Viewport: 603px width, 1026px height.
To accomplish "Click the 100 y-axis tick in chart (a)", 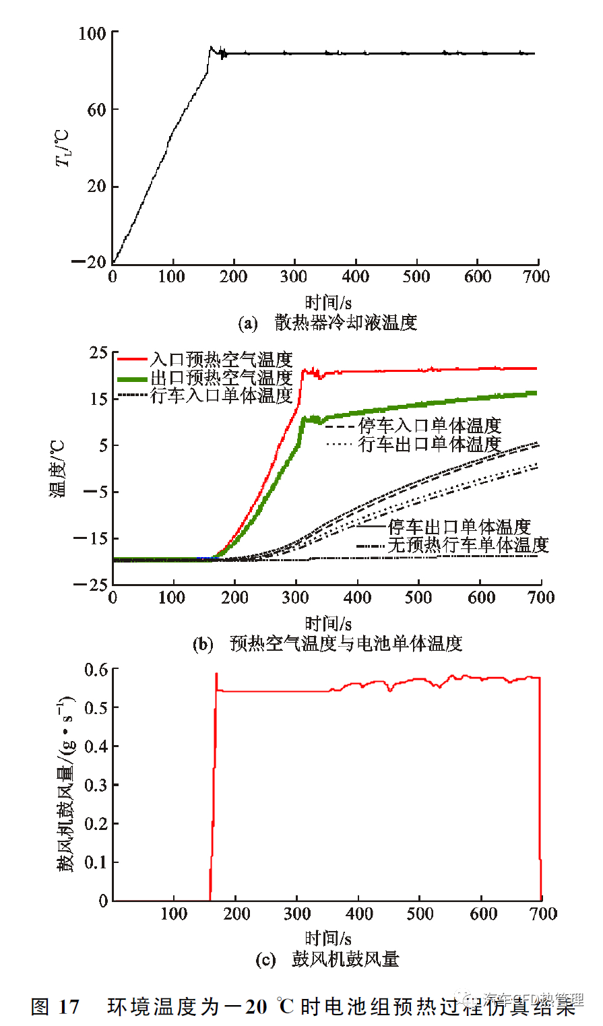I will click(x=92, y=34).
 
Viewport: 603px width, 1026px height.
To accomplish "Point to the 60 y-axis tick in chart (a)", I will click(x=96, y=110).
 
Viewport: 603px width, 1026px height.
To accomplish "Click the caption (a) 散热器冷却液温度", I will click(x=327, y=323).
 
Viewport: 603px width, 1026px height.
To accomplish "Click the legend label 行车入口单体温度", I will click(x=222, y=395).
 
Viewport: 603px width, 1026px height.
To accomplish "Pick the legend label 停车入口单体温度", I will click(x=430, y=426).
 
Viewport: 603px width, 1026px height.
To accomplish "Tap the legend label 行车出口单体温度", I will click(x=430, y=445).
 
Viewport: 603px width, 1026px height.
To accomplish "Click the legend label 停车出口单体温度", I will click(x=459, y=527).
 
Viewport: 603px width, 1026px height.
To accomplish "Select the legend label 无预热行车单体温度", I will click(x=468, y=545).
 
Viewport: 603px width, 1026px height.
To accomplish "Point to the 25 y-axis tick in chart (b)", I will click(x=98, y=353).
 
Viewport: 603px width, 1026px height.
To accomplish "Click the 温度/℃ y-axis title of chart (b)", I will click(x=59, y=468).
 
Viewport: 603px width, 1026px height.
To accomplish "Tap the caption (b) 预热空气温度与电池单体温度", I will click(x=327, y=644).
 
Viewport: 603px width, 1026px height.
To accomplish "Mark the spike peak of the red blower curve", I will click(x=216, y=674).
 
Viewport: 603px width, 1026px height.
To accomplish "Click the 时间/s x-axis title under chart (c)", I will click(x=328, y=937).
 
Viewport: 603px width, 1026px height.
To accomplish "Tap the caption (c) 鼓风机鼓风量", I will click(x=327, y=959).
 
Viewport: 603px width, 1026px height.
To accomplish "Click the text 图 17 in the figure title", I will click(x=55, y=1007).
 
